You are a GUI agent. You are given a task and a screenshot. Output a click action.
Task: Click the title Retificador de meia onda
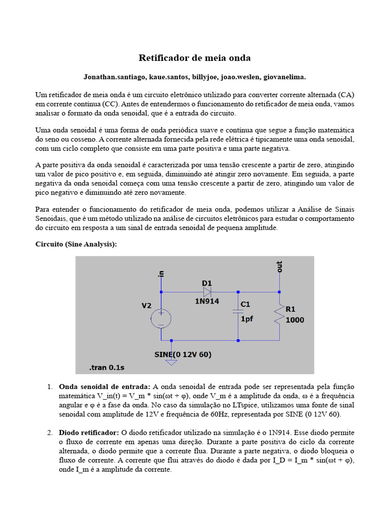(195, 58)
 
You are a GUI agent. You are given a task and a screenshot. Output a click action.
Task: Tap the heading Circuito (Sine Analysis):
(76, 244)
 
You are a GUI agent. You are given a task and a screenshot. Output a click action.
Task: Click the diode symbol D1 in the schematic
(207, 292)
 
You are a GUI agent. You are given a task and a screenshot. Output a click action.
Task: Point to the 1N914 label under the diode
(207, 302)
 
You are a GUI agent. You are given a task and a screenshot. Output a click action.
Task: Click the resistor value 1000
(296, 320)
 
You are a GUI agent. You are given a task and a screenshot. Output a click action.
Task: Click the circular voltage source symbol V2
(160, 318)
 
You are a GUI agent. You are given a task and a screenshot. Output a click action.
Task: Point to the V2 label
(146, 306)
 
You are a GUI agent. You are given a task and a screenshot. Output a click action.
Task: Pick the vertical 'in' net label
(161, 273)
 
